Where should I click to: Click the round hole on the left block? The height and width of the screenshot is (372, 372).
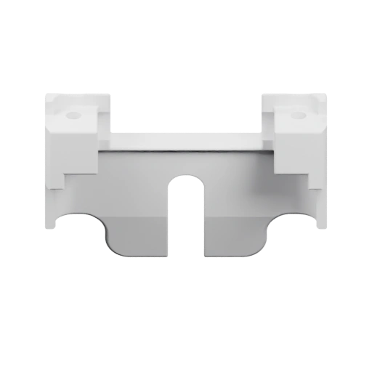tap(72, 115)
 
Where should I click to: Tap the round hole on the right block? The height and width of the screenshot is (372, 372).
tap(296, 115)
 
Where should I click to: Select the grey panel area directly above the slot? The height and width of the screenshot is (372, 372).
tap(186, 163)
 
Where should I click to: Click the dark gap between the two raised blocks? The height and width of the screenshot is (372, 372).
tap(186, 109)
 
